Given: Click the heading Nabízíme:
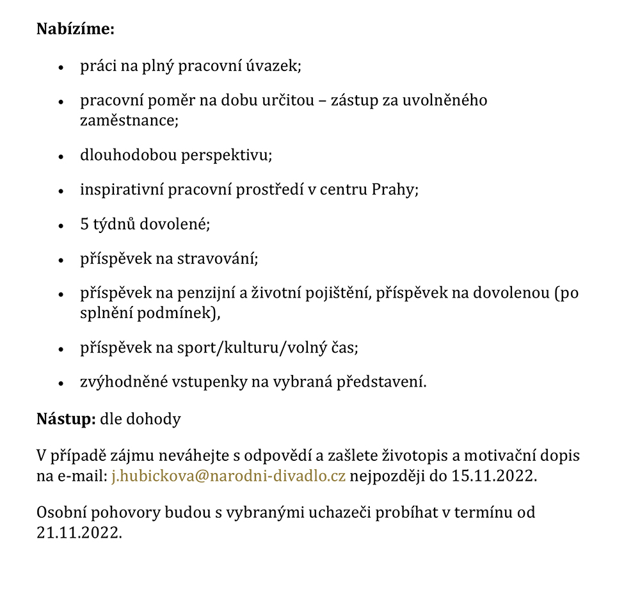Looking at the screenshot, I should pos(76,29).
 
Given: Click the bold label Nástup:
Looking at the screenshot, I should pos(66,419).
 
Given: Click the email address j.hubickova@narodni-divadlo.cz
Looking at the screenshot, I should pos(228,476).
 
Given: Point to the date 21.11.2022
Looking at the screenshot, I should pos(79,532).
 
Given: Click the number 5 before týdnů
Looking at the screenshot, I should pos(84,225).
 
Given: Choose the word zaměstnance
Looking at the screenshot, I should pos(128,120).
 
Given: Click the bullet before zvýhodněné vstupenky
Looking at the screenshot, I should pos(61,383).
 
